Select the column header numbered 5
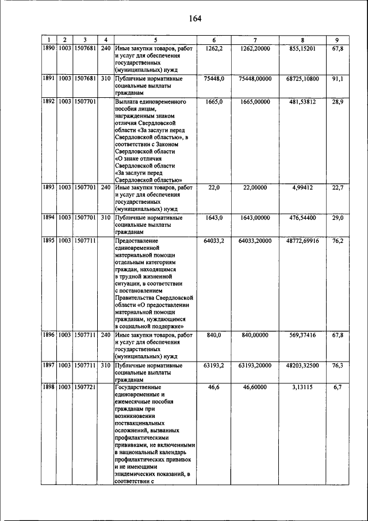tap(155, 40)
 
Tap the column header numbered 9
tap(337, 40)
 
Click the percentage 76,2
tap(337, 241)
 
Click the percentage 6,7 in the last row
tap(337, 387)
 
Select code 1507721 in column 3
tap(85, 387)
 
